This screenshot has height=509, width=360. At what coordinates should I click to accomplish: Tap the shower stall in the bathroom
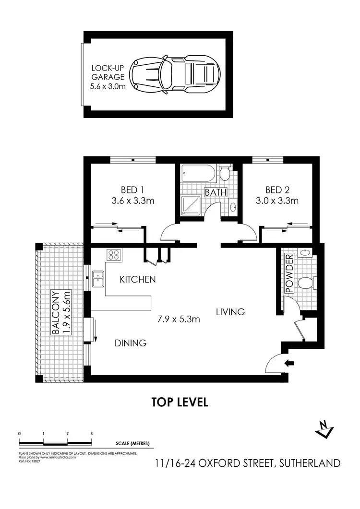[x=191, y=206]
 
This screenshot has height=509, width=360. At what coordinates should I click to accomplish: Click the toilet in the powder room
[x=306, y=283]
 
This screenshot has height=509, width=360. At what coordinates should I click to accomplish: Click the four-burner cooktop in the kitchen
[x=114, y=255]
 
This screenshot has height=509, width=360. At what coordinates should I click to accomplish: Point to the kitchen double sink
[x=99, y=278]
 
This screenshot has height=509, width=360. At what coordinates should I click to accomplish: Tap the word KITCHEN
[x=137, y=279]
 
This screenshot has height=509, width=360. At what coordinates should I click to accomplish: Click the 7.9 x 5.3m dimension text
[x=179, y=319]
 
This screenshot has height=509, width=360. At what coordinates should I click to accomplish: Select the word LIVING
[x=230, y=312]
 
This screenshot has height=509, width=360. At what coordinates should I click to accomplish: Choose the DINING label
[x=130, y=343]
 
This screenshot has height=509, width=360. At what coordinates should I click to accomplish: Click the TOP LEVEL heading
[x=180, y=402]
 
